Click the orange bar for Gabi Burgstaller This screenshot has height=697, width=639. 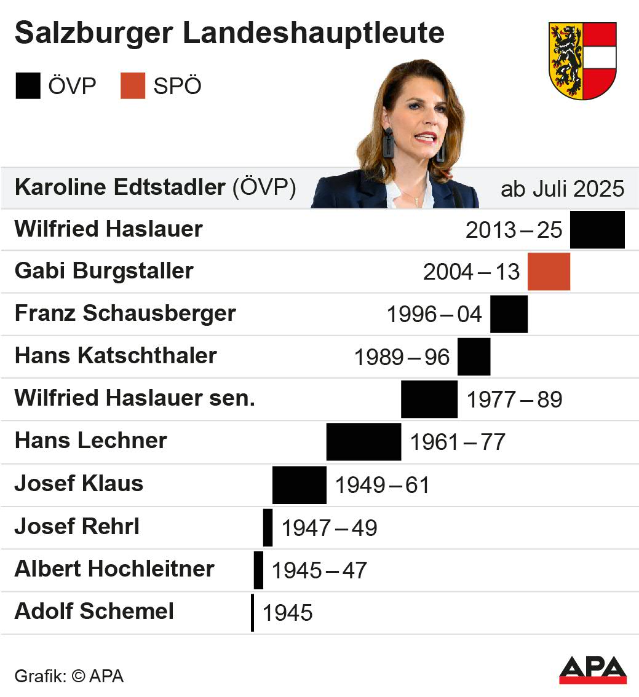pyautogui.click(x=549, y=272)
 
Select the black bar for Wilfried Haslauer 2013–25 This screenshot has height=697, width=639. pyautogui.click(x=597, y=229)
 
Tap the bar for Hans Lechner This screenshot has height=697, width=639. pyautogui.click(x=363, y=441)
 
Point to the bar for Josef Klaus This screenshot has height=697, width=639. pyautogui.click(x=300, y=484)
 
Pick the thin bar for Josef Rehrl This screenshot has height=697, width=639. pyautogui.click(x=268, y=527)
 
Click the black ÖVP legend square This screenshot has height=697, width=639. pyautogui.click(x=28, y=86)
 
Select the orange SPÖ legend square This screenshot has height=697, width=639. pyautogui.click(x=133, y=86)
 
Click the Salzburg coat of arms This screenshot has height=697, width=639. pyautogui.click(x=582, y=60)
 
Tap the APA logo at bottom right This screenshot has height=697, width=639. pyautogui.click(x=592, y=669)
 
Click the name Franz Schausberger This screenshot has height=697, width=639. pyautogui.click(x=125, y=313)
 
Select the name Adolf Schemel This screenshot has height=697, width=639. pyautogui.click(x=94, y=612)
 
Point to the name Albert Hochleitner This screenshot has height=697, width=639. pyautogui.click(x=114, y=569)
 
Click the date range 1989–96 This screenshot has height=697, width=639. pyautogui.click(x=402, y=357)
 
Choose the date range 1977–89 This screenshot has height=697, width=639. pyautogui.click(x=514, y=400)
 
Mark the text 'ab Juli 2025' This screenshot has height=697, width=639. pyautogui.click(x=562, y=189)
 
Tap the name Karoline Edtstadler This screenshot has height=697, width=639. pyautogui.click(x=120, y=187)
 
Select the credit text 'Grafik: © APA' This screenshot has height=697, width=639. pyautogui.click(x=69, y=676)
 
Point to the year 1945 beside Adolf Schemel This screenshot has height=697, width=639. pyautogui.click(x=288, y=613)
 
